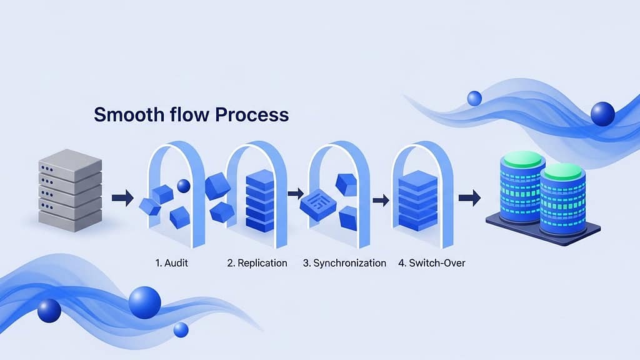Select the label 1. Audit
point(171,263)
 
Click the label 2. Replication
point(257,263)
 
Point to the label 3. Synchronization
point(344,263)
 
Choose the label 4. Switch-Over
point(431,263)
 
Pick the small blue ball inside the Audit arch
point(184,186)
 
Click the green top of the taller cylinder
point(520,159)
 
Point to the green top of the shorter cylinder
point(562,171)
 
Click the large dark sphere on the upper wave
point(602,114)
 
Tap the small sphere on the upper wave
point(474,98)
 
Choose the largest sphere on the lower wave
point(144,302)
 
